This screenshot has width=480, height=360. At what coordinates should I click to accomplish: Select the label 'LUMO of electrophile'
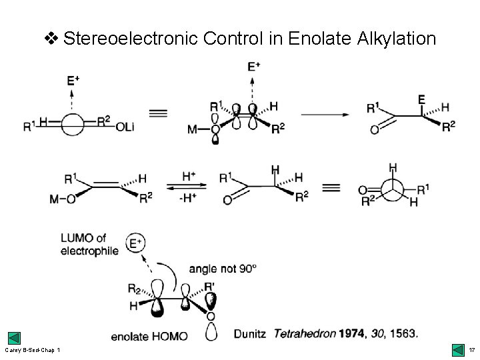[89, 245]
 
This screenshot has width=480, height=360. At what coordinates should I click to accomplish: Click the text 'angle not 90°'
[223, 269]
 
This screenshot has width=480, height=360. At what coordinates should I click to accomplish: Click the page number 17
[471, 349]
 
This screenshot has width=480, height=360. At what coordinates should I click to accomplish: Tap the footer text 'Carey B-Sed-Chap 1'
[33, 350]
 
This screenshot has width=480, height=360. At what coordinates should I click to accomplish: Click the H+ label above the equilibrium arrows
[190, 176]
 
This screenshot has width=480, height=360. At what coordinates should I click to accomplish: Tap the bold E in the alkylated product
[421, 99]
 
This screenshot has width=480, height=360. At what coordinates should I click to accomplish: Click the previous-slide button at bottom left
[14, 338]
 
